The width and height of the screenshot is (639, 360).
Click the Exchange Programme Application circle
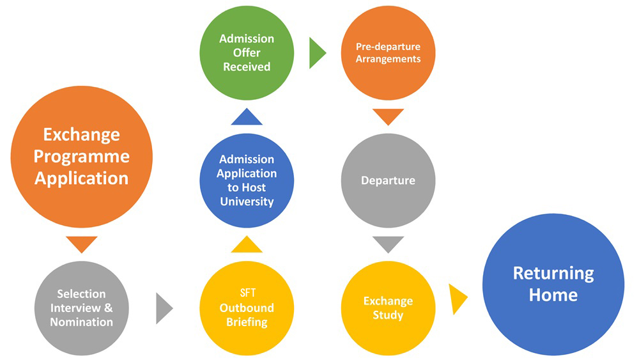(x=81, y=157)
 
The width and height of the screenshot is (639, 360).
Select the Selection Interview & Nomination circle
(x=81, y=308)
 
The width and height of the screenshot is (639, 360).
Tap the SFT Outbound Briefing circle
(x=247, y=308)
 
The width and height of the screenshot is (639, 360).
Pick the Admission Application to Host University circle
(x=247, y=180)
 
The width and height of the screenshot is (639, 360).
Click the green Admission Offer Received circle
(x=247, y=53)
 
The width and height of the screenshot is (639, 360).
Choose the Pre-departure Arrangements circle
(x=388, y=53)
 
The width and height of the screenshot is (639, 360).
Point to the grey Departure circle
(x=388, y=180)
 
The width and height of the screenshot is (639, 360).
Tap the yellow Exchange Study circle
(x=388, y=308)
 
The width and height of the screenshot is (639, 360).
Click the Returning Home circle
(x=553, y=284)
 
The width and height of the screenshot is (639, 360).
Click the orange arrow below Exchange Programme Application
(x=82, y=244)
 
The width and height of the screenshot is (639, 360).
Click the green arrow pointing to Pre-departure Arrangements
(x=316, y=53)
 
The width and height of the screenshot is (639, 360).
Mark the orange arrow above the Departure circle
(x=388, y=116)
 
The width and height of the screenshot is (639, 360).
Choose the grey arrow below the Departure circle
(x=388, y=243)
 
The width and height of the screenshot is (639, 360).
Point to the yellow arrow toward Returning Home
(x=457, y=299)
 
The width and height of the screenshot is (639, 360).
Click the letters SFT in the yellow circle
(x=247, y=293)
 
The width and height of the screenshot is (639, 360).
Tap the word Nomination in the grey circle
(x=81, y=322)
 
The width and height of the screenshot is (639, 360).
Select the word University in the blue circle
(x=247, y=202)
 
